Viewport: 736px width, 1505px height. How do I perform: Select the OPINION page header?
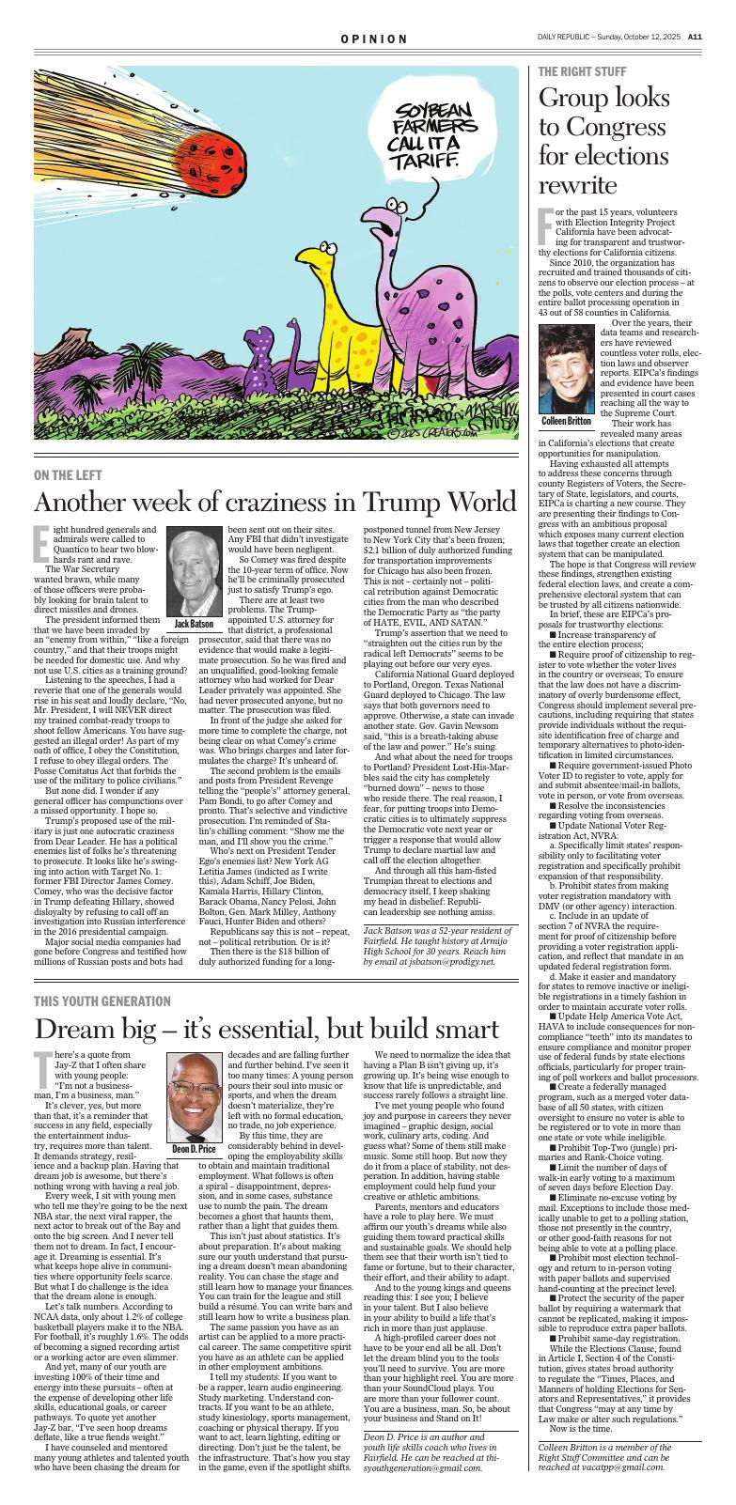[374, 39]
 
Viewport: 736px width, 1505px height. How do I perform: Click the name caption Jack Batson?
[194, 624]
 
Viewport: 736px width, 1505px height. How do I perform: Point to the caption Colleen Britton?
[568, 421]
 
